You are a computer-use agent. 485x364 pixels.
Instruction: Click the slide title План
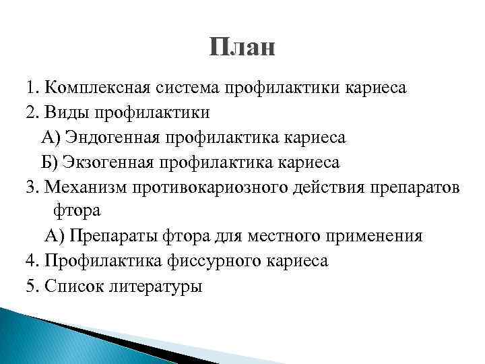tap(242, 48)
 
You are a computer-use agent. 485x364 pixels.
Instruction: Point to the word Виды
tap(69, 113)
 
